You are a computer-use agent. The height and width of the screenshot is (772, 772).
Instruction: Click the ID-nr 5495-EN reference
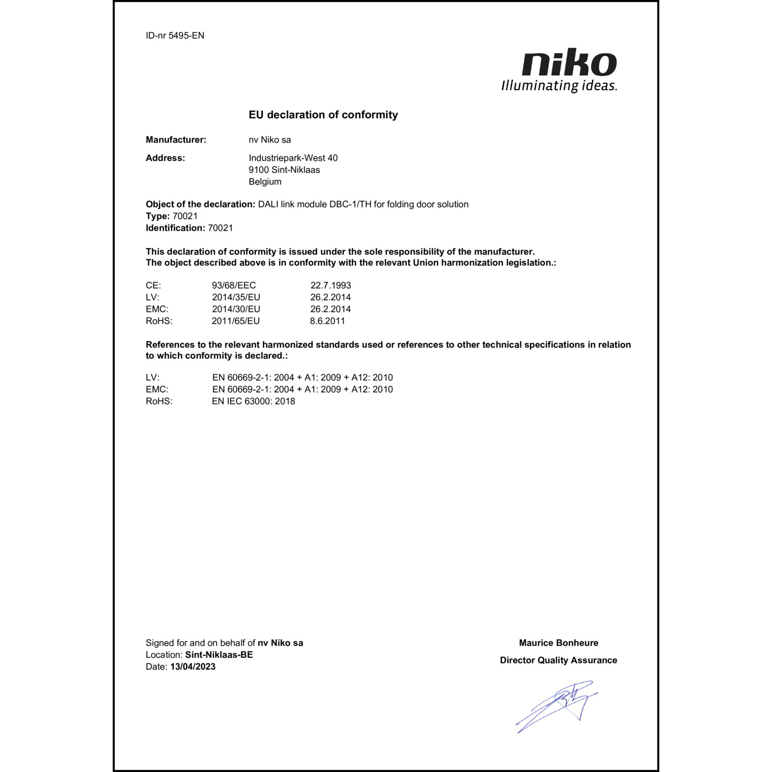tap(175, 36)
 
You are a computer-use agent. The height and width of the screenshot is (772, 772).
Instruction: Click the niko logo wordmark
tap(569, 63)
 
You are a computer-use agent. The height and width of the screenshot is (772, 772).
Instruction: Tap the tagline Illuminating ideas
tap(559, 85)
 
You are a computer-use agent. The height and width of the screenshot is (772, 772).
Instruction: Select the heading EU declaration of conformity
tap(323, 115)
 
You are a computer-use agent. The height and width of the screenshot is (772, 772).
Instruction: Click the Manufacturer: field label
tap(176, 140)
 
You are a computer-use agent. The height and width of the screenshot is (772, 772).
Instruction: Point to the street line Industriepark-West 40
tap(293, 158)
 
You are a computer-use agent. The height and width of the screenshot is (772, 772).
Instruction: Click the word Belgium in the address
tap(265, 182)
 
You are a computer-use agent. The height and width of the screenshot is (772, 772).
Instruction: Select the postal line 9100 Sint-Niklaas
tap(284, 170)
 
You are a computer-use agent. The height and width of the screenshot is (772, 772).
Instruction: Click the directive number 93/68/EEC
tap(234, 286)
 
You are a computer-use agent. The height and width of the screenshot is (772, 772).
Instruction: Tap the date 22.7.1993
tap(330, 286)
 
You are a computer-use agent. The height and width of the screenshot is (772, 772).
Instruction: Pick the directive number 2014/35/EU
tap(236, 297)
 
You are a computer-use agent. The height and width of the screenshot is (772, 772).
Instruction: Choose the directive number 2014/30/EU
tap(236, 309)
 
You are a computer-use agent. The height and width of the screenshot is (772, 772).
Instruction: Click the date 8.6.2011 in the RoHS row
tap(327, 321)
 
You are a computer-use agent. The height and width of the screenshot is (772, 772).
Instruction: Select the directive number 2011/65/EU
tap(236, 321)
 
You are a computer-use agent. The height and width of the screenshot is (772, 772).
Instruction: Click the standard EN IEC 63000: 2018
tap(253, 401)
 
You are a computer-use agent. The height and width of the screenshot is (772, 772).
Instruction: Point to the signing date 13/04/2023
tap(192, 667)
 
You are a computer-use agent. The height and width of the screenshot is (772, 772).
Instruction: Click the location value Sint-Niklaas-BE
tap(219, 655)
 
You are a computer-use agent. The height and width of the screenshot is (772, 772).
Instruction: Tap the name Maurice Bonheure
tap(558, 643)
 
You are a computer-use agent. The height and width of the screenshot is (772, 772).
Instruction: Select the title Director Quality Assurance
tap(558, 660)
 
